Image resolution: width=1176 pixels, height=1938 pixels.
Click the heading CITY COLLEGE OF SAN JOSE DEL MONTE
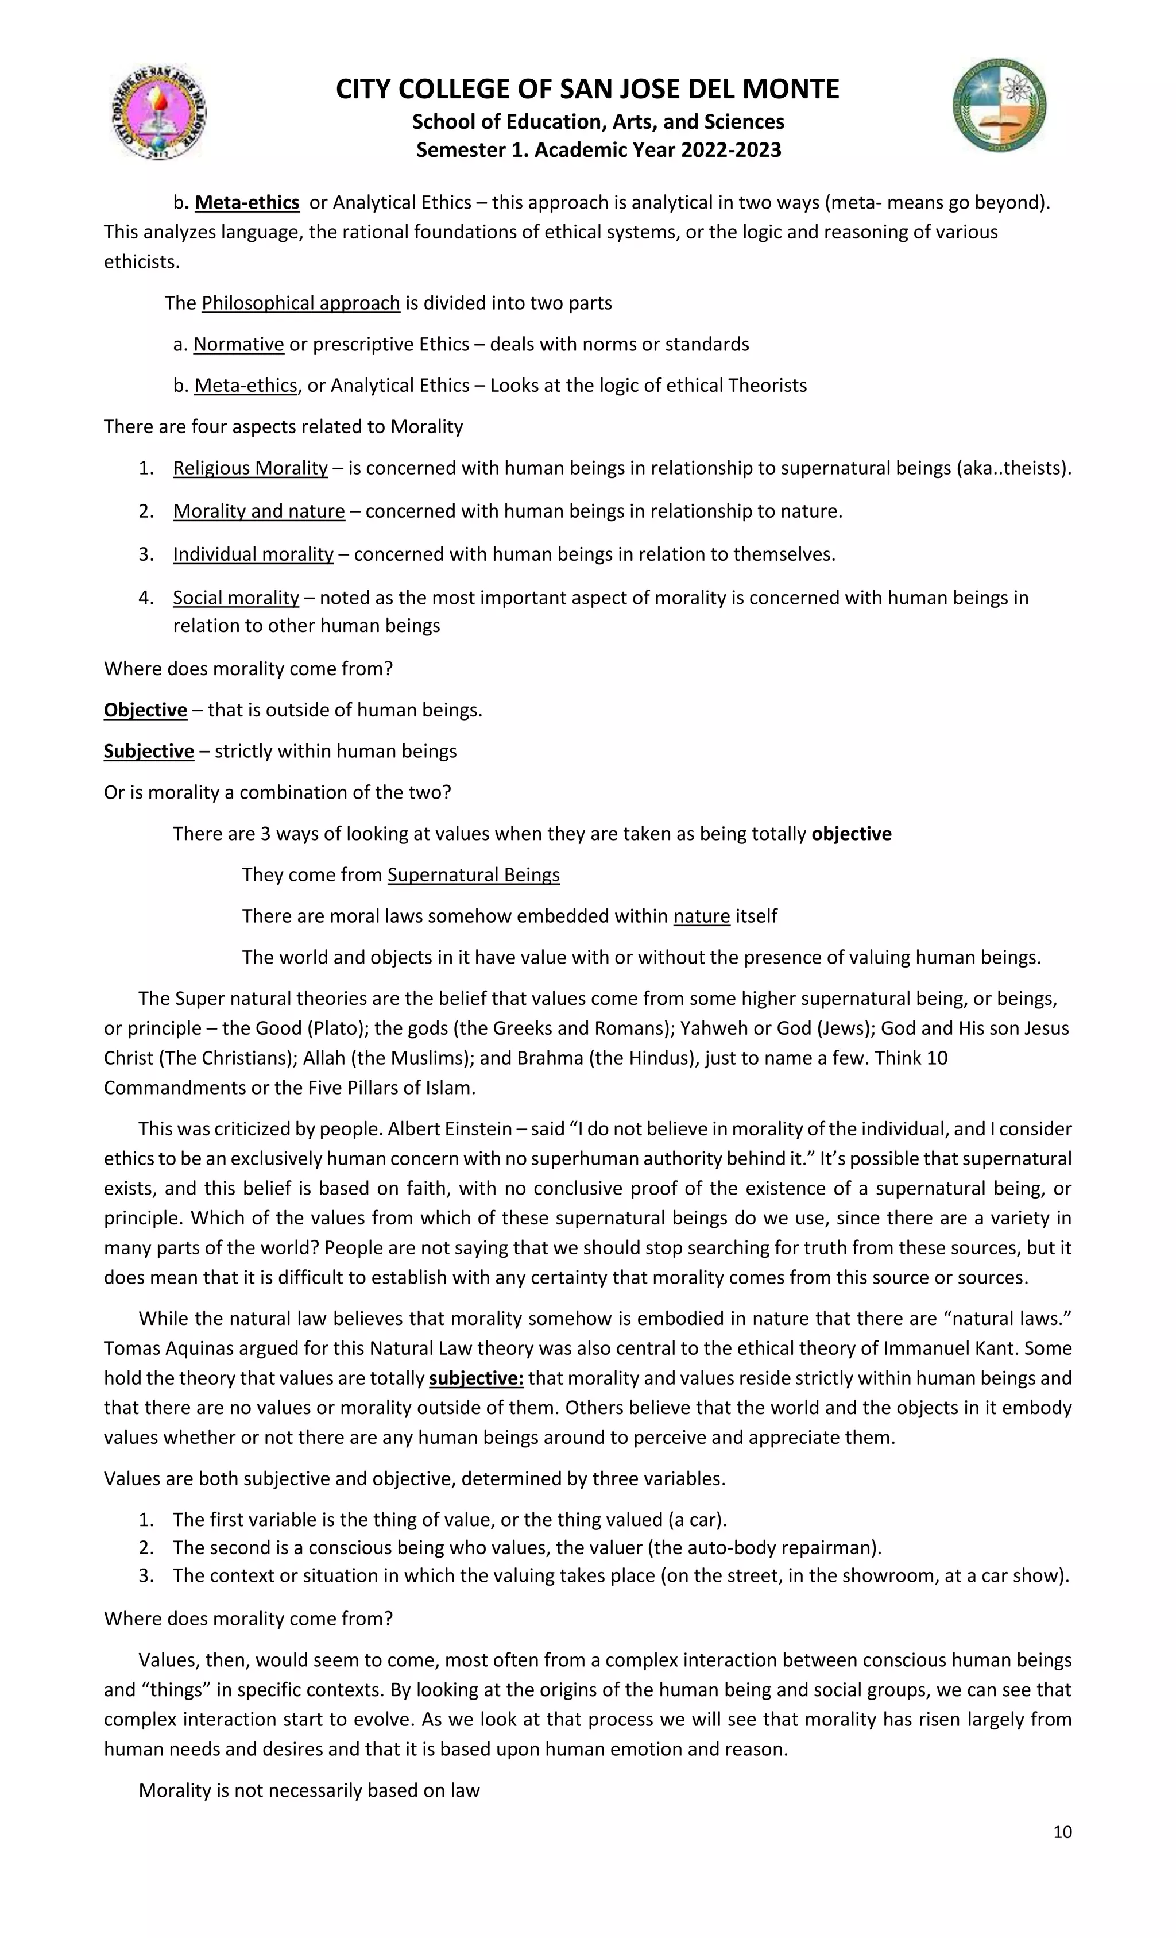pyautogui.click(x=587, y=90)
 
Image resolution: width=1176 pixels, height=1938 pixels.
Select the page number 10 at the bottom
pyautogui.click(x=1062, y=1832)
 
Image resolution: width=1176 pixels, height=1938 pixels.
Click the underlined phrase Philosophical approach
pyautogui.click(x=300, y=303)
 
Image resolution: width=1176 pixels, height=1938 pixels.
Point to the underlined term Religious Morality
pyautogui.click(x=250, y=469)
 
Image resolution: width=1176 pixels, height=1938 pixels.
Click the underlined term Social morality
pyautogui.click(x=236, y=598)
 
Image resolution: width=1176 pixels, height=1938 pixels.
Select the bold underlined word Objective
pyautogui.click(x=145, y=710)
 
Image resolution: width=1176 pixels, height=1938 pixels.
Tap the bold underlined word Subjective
pyautogui.click(x=149, y=751)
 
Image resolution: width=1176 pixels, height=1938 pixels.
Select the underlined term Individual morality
pyautogui.click(x=253, y=554)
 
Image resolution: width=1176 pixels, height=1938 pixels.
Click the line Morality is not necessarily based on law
pyautogui.click(x=309, y=1791)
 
